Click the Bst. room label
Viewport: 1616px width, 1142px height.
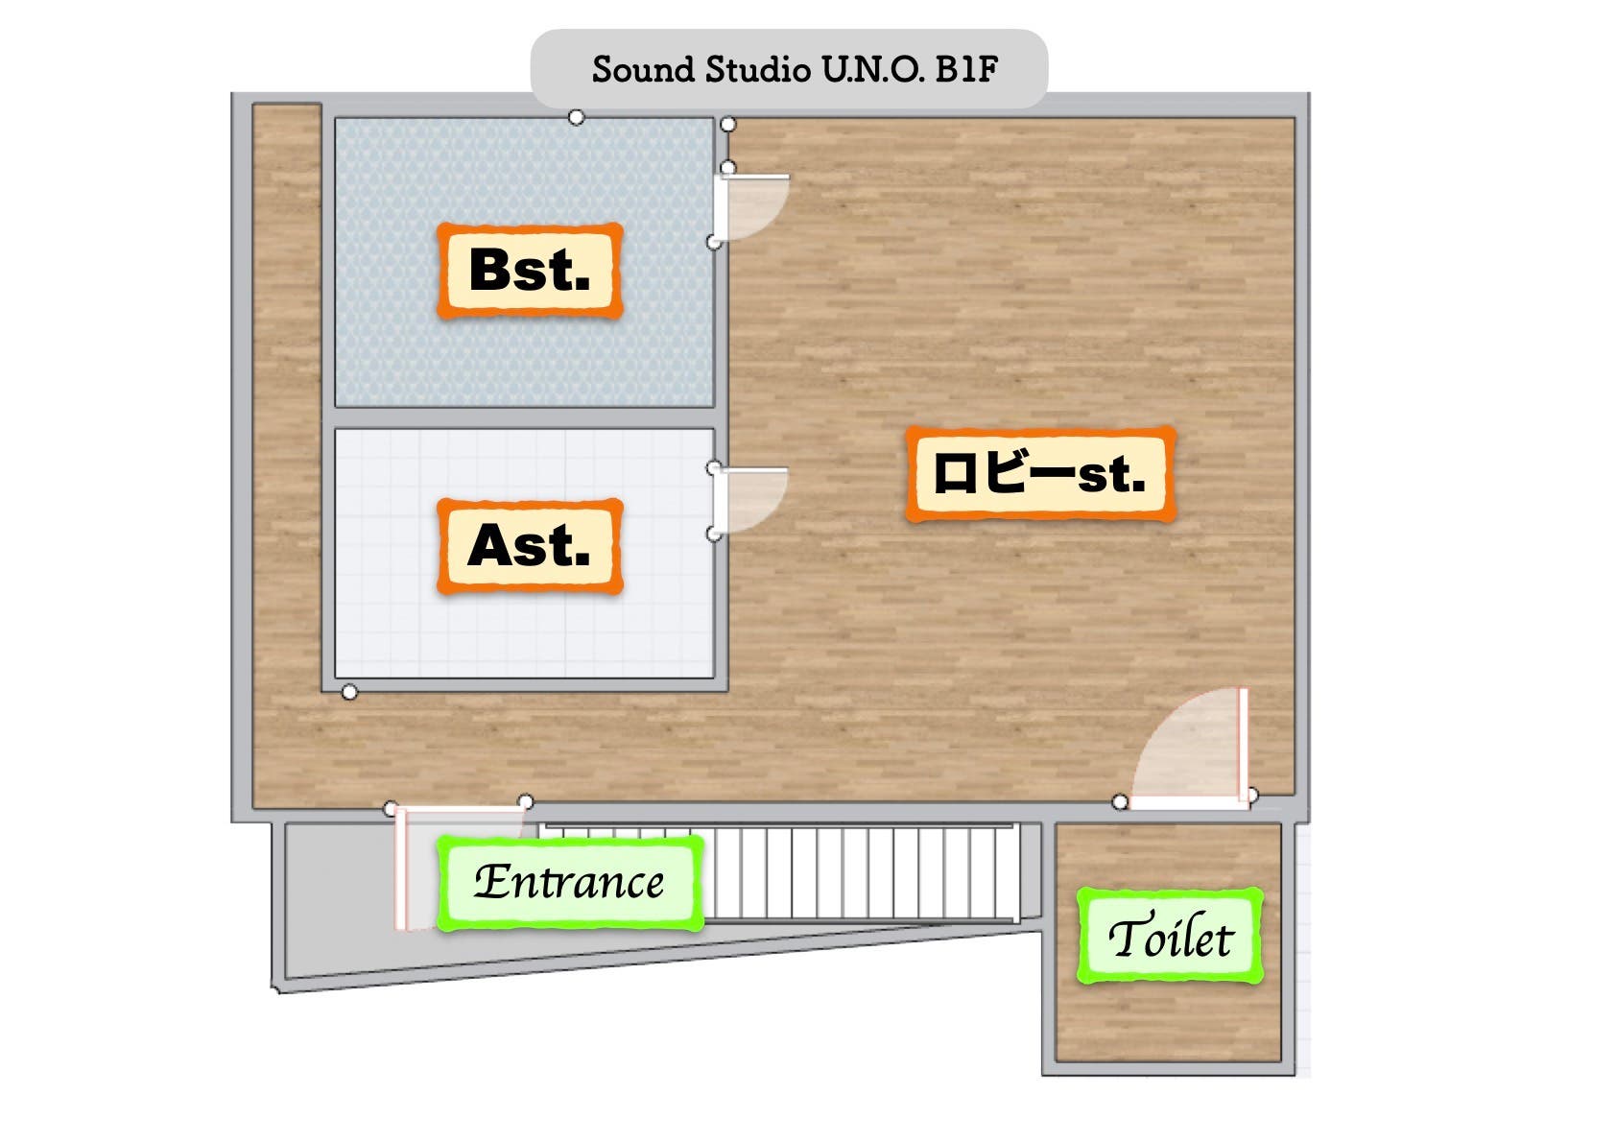click(530, 271)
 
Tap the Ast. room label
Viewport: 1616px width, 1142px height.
click(530, 546)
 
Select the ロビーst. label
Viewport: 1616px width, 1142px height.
click(1040, 475)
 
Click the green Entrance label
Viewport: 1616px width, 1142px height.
click(570, 882)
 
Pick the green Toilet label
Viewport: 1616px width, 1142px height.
click(1170, 937)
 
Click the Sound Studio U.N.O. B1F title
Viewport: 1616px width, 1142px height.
click(795, 69)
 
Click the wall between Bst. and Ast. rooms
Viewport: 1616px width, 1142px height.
click(524, 418)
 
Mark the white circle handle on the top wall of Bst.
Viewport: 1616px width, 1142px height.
click(576, 117)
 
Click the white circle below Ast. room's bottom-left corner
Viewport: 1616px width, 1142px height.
click(350, 692)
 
